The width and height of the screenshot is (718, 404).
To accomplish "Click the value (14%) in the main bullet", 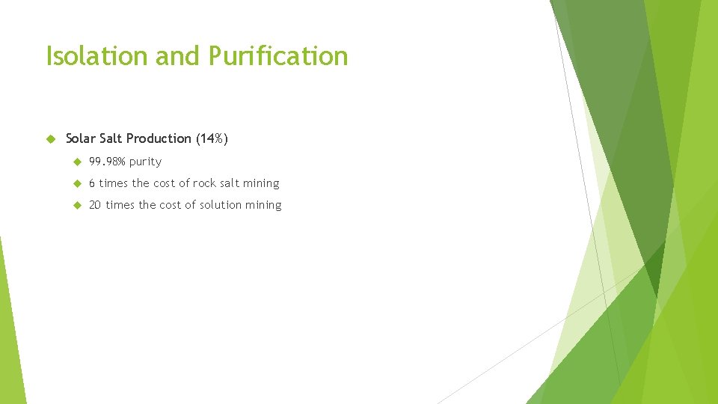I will (x=212, y=138).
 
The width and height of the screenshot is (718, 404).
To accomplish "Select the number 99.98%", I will (x=107, y=162).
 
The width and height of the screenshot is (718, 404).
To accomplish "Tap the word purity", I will (x=145, y=162).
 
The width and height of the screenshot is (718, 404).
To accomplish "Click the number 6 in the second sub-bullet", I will (x=92, y=183).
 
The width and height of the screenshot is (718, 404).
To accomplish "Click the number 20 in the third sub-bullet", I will (x=95, y=205).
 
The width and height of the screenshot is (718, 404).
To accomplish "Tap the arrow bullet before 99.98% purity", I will (x=76, y=162).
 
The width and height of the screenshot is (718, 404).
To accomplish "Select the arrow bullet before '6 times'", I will (x=76, y=183).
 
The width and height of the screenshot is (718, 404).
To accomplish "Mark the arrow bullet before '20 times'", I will (x=76, y=205).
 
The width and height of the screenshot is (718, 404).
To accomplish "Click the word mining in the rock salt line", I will (x=261, y=183).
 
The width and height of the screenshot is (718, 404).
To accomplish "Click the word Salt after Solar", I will (x=110, y=138).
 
